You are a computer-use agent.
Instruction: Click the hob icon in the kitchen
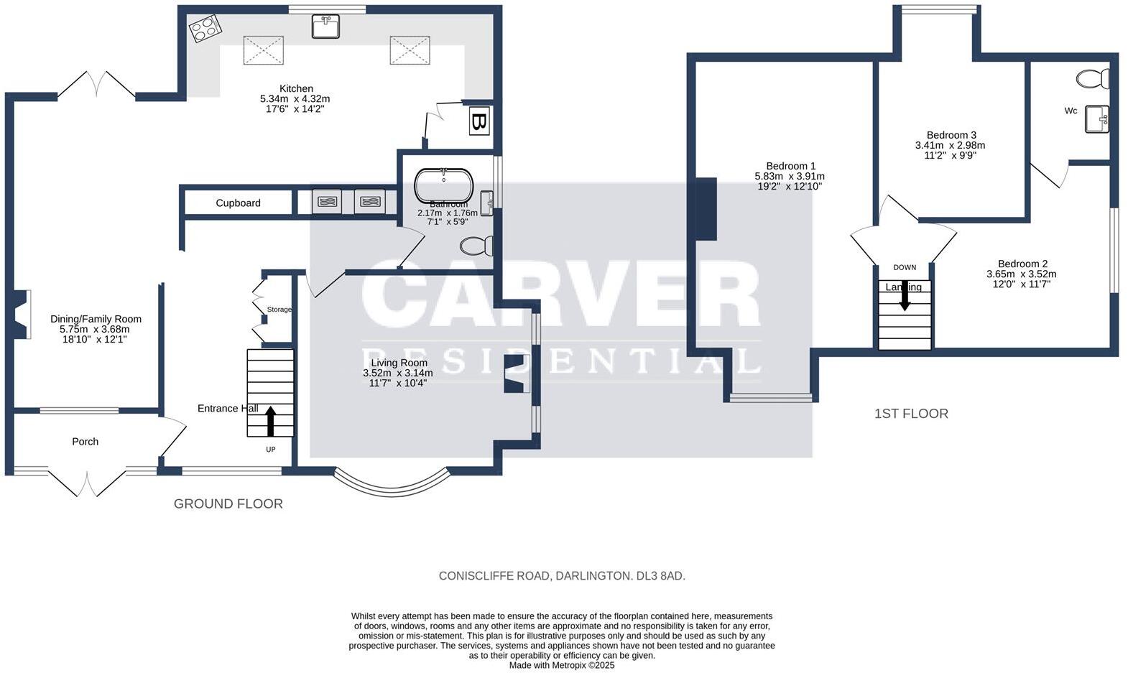click(x=205, y=29)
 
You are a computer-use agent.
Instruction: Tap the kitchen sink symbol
click(x=325, y=27)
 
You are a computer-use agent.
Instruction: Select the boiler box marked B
click(x=479, y=121)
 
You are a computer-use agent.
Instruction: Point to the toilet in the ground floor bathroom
click(x=476, y=246)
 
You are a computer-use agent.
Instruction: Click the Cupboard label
click(x=238, y=203)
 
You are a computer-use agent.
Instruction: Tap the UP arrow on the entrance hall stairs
click(x=271, y=422)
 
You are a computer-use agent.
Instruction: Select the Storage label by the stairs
click(x=279, y=310)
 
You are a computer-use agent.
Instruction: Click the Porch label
click(x=85, y=442)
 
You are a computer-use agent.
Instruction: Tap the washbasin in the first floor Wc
click(x=1097, y=119)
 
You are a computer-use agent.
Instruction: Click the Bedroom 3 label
click(x=951, y=135)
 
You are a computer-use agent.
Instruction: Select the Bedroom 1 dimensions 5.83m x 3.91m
click(x=790, y=176)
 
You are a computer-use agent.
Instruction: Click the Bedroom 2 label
click(x=1022, y=264)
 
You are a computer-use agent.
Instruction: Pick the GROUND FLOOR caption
click(x=228, y=504)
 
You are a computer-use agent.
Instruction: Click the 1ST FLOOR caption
click(x=911, y=414)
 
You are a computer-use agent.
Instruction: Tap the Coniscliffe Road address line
click(x=562, y=576)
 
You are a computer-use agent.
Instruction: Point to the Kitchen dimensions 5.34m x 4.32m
click(x=295, y=99)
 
